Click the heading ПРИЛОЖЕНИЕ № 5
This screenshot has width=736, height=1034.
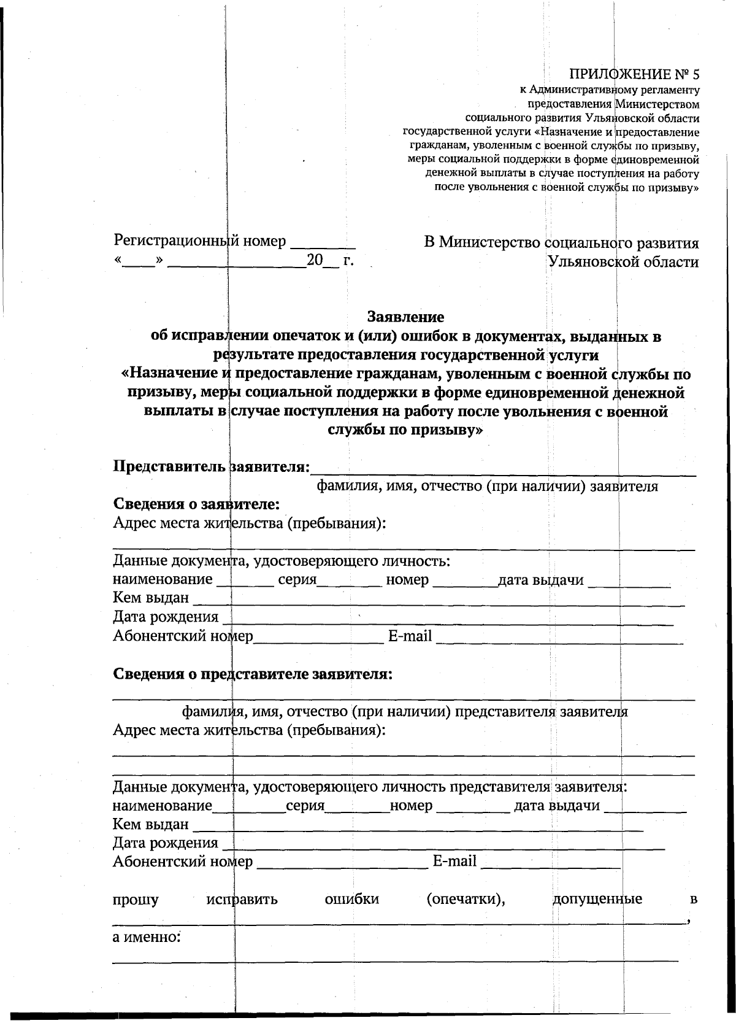coord(634,75)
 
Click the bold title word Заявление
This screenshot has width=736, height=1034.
coord(405,317)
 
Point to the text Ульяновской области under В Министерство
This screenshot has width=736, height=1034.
coord(623,262)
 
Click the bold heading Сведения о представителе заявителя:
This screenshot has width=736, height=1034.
coord(253,674)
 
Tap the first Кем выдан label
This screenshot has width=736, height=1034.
coord(151,598)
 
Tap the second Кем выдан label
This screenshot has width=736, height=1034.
coord(151,824)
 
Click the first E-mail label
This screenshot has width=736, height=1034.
coord(410,636)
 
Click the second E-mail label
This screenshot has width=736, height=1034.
coord(454,861)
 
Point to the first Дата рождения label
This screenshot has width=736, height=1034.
coord(166,617)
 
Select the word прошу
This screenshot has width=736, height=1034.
coord(136,900)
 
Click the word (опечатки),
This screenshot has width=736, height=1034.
coord(466,900)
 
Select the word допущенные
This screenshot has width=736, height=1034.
coord(597,900)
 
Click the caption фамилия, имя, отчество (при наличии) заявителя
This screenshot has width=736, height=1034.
coord(487,487)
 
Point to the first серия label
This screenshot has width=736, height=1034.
coord(297,579)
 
